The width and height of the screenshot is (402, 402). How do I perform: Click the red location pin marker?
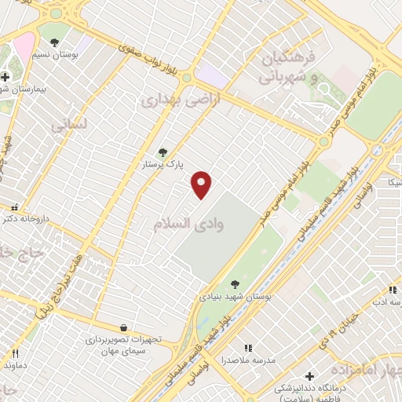coord(202,184)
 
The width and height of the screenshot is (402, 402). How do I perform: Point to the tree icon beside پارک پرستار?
coord(163,152)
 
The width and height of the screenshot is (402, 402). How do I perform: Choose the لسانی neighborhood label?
coord(69,125)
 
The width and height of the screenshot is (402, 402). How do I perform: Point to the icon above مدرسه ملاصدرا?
coord(248,347)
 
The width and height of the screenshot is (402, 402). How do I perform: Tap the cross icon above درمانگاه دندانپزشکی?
coord(309,376)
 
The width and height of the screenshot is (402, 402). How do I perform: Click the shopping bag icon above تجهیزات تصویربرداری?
coord(123,327)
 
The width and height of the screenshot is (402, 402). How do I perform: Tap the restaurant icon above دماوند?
coord(14,353)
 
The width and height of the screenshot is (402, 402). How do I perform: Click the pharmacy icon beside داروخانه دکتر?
coord(14,207)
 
